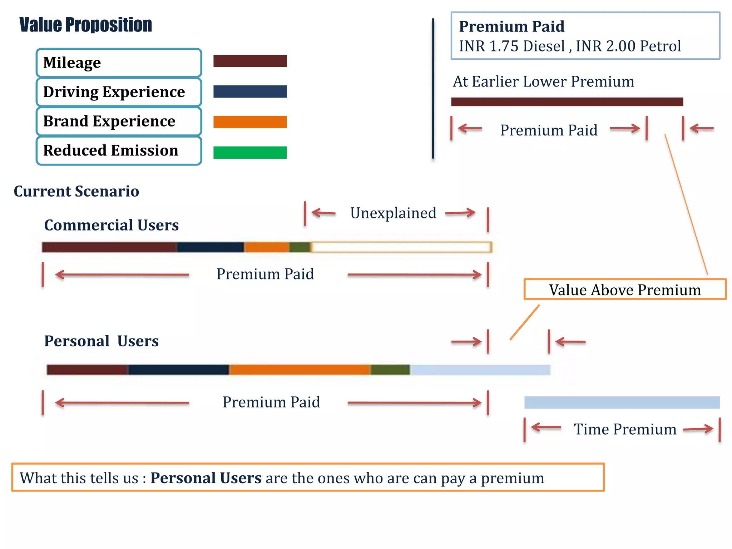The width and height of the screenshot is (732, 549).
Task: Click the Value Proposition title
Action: click(x=86, y=25)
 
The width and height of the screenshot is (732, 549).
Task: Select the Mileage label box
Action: click(x=119, y=63)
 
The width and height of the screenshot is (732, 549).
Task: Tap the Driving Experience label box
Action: click(x=119, y=92)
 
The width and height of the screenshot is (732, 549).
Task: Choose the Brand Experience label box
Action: click(x=119, y=121)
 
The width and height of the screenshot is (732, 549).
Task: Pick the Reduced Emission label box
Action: click(x=119, y=150)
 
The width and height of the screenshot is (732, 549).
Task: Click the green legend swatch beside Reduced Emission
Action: click(x=250, y=152)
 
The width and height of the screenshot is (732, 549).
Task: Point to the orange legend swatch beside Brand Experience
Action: click(x=250, y=122)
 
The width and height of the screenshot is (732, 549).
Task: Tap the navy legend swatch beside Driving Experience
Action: click(x=250, y=91)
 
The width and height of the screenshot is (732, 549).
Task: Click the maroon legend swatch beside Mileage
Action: click(x=250, y=61)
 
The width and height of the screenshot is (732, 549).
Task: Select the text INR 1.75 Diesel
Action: click(x=512, y=46)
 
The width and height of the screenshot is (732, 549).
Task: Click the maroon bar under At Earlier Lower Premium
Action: click(x=567, y=102)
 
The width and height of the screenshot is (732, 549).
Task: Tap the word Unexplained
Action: click(x=393, y=213)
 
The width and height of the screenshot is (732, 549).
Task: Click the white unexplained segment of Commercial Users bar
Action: click(x=401, y=247)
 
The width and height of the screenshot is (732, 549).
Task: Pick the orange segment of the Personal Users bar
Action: click(x=300, y=370)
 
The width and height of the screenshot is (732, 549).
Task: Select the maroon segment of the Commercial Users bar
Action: click(x=109, y=247)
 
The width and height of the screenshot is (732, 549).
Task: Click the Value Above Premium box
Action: click(x=625, y=289)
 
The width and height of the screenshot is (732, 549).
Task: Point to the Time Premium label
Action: click(x=625, y=429)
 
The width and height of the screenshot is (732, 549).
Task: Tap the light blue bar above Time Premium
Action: click(x=622, y=402)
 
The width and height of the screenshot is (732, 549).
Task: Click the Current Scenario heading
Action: click(x=76, y=191)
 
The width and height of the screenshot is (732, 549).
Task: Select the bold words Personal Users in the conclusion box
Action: click(x=206, y=478)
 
